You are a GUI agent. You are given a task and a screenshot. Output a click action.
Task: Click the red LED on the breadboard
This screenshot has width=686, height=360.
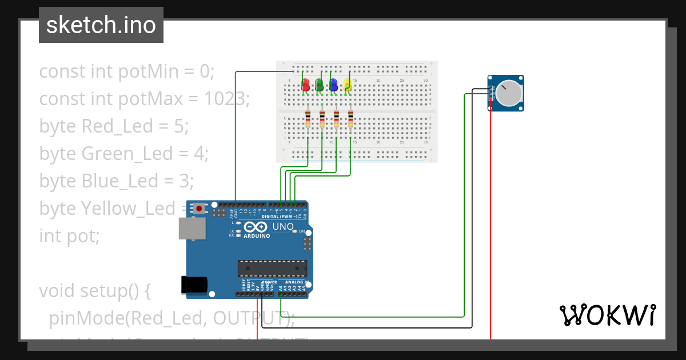(x=306, y=85)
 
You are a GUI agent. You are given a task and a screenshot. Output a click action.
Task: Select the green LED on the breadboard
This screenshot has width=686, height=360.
(x=320, y=85)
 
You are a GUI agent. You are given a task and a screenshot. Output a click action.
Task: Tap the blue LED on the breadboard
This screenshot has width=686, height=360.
(x=334, y=85)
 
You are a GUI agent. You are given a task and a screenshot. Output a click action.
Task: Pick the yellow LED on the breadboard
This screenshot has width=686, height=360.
(x=348, y=85)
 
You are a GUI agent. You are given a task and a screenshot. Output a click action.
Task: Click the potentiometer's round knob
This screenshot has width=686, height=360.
(x=508, y=94)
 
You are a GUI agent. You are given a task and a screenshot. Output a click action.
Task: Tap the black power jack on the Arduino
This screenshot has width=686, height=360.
(x=192, y=285)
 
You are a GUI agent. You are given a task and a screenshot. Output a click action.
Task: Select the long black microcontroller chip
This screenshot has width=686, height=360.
(x=273, y=268)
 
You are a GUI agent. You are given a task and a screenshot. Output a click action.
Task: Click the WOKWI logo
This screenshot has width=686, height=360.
(x=607, y=315)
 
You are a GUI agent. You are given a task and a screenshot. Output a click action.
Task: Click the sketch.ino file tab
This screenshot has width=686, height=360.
(x=101, y=25)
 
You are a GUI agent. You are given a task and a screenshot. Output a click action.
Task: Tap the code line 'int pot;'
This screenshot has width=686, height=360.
(x=69, y=235)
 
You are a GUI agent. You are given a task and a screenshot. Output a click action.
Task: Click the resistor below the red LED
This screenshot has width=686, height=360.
(x=308, y=119)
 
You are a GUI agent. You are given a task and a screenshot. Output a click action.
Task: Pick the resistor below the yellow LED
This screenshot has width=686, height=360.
(x=350, y=119)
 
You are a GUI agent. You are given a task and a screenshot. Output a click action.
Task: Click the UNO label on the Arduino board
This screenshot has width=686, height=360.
(x=283, y=227)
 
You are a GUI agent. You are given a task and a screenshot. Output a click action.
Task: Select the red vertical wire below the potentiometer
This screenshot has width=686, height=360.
(x=490, y=229)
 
